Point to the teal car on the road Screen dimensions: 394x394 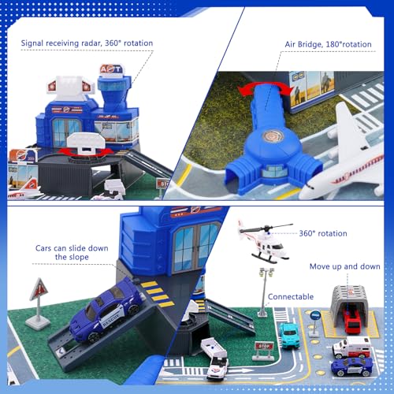pyautogui.click(x=290, y=335)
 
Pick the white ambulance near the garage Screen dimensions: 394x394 pyautogui.click(x=350, y=348)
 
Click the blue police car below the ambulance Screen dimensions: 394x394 pyautogui.click(x=351, y=367)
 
